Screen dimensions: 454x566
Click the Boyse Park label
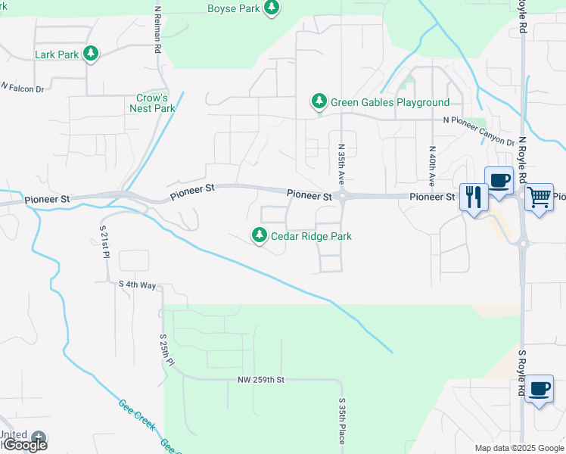point(234,8)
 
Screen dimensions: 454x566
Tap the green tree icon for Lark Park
point(91,54)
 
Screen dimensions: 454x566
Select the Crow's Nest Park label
point(156,103)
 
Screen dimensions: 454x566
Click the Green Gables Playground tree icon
point(319,101)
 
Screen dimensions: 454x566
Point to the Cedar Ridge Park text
point(311,236)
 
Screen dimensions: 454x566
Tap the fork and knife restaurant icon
point(473,198)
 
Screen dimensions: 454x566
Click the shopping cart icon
point(539,197)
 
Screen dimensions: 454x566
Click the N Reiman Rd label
point(157,30)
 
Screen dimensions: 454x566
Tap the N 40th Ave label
point(431,166)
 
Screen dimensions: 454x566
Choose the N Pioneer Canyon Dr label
point(478,130)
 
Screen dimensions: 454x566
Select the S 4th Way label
point(137,285)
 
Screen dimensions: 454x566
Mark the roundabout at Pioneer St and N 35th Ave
point(342,196)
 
